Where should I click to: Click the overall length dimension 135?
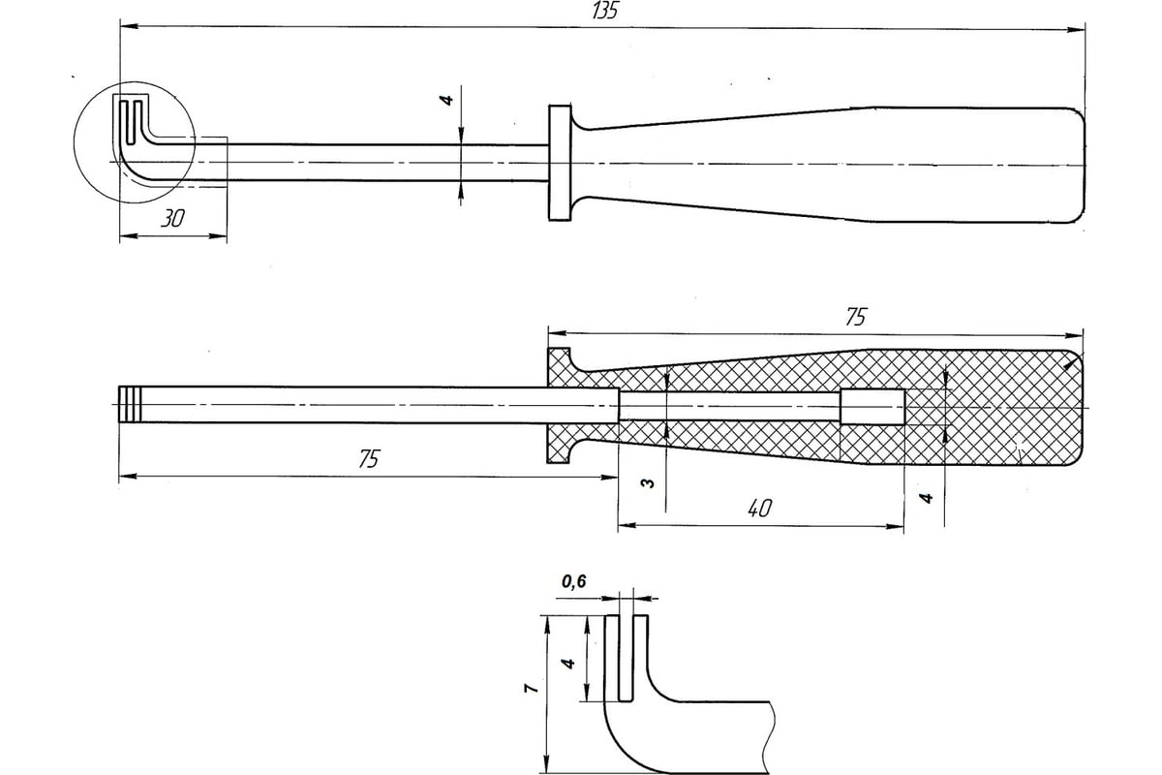[605, 11]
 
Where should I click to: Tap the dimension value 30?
[172, 219]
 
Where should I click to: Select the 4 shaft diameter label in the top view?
[447, 99]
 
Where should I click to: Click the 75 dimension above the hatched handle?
[856, 317]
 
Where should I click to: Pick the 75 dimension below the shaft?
[369, 458]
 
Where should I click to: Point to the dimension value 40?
[760, 509]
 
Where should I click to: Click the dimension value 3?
[648, 483]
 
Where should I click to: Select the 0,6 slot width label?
[573, 581]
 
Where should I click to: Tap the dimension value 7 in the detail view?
[531, 689]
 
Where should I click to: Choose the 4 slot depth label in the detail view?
[568, 664]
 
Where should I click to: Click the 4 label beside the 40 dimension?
[926, 498]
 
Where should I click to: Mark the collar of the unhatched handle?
[560, 163]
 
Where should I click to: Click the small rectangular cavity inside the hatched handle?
[872, 407]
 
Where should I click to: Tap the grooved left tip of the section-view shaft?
[130, 404]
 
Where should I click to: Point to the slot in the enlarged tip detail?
[627, 658]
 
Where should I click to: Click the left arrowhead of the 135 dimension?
[129, 26]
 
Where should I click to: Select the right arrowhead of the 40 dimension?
[895, 526]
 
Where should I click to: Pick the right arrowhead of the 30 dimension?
[218, 236]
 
